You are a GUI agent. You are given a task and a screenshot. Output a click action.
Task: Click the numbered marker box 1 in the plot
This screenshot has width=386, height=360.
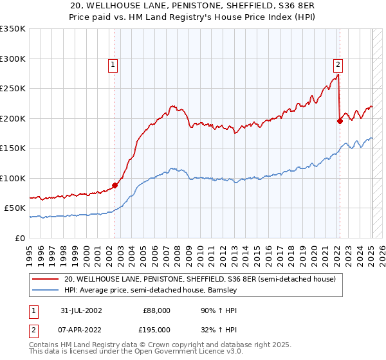click(x=113, y=64)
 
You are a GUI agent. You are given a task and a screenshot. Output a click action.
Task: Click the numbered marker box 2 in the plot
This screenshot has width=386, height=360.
click(x=338, y=64)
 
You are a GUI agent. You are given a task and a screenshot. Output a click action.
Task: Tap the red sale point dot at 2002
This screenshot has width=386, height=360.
click(x=115, y=185)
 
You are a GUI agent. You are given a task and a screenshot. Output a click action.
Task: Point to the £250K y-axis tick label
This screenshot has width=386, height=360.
click(x=13, y=89)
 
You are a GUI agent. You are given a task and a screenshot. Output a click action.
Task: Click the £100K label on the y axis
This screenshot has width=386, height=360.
click(x=13, y=178)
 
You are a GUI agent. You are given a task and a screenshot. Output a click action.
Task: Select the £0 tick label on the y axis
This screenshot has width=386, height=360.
click(x=21, y=238)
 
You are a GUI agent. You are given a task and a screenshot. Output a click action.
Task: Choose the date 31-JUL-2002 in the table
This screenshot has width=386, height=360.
click(x=79, y=310)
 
